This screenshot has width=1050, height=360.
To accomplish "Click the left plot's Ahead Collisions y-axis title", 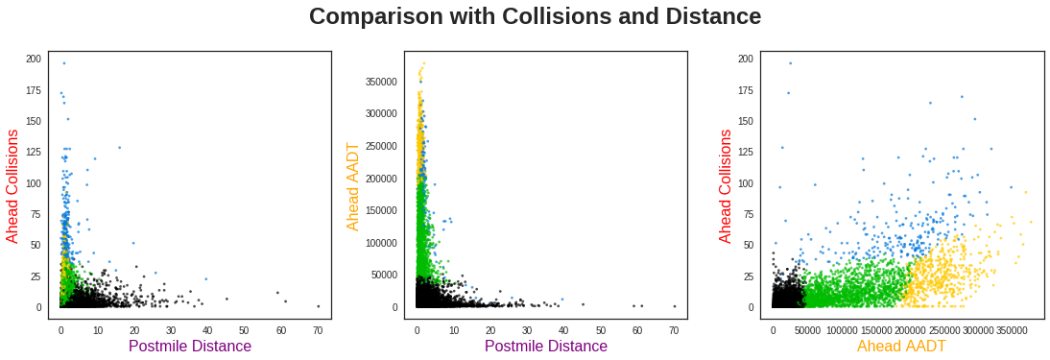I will tap(13, 186).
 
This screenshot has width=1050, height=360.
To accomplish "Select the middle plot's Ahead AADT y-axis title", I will tap(353, 186).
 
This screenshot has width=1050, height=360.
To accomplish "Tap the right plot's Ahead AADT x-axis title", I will tap(901, 347).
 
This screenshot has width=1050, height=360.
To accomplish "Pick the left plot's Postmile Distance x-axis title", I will tap(190, 347).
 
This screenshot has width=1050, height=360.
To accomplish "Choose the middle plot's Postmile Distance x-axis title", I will tap(546, 347).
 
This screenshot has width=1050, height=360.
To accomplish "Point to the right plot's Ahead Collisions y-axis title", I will tap(727, 186).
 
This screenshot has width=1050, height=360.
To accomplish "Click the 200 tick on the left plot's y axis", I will tap(34, 59).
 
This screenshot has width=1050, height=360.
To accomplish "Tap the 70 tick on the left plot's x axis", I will tap(318, 330).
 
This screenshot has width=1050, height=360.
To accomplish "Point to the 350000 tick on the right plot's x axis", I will tap(1013, 330).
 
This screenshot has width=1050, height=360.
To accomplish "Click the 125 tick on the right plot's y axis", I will tap(746, 152).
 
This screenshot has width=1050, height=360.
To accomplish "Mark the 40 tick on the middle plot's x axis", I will tap(563, 330).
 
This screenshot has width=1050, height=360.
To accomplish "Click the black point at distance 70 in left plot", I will tap(318, 306).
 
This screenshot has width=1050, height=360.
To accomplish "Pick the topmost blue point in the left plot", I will tap(64, 63).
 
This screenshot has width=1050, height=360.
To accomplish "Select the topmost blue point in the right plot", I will tap(790, 63).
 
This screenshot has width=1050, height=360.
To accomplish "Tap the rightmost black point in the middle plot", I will tap(674, 306).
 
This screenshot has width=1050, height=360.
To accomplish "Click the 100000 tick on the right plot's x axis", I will tap(842, 330).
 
